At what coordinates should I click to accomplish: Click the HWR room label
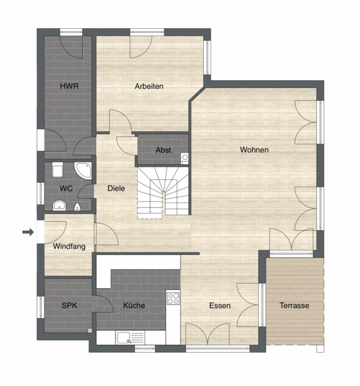[x=69, y=86]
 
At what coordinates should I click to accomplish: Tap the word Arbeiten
[x=149, y=86]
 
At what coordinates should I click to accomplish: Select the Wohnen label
[x=254, y=150]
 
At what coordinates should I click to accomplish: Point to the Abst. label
[x=164, y=150]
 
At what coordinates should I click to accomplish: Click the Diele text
[x=116, y=188]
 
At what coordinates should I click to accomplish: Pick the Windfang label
[x=69, y=247]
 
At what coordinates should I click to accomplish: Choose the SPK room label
[x=69, y=305]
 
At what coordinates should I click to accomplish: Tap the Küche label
[x=134, y=305]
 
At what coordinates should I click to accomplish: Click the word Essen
[x=220, y=305]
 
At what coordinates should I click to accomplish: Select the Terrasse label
[x=294, y=305]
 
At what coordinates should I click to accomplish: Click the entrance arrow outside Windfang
[x=28, y=232]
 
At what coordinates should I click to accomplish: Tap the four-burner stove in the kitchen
[x=173, y=299]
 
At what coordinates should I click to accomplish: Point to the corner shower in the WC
[x=84, y=170]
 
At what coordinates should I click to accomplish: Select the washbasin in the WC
[x=60, y=205]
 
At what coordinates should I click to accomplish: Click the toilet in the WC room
[x=57, y=170]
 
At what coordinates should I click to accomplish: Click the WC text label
[x=66, y=188]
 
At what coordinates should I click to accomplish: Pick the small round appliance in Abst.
[x=185, y=157]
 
